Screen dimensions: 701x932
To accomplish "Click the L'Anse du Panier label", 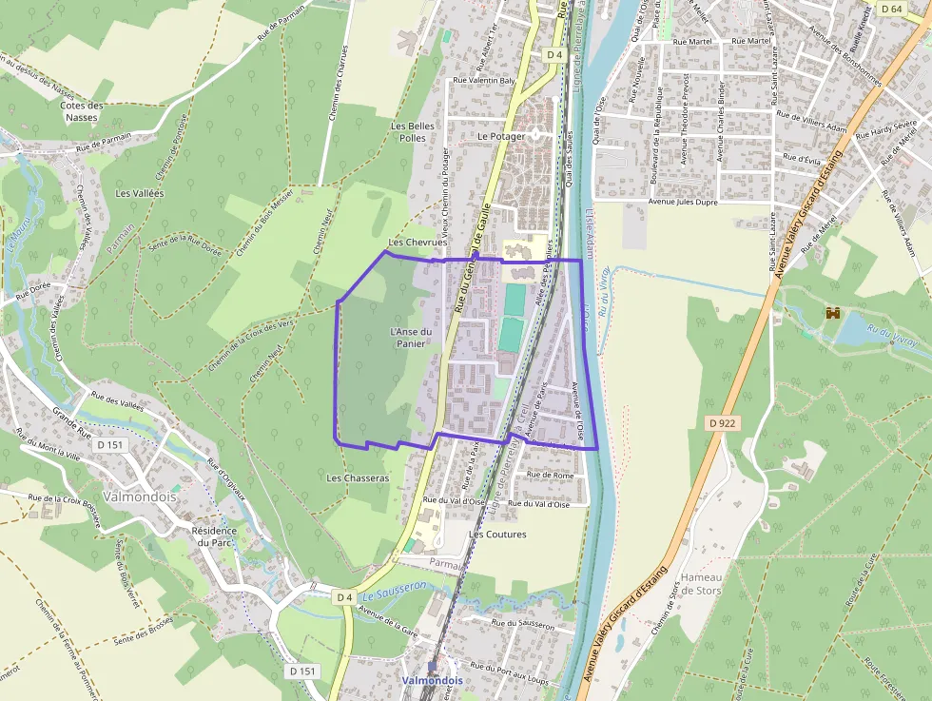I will (x=408, y=338).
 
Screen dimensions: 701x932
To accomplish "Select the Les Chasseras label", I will (x=358, y=477).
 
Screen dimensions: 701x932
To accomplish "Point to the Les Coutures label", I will (x=497, y=535).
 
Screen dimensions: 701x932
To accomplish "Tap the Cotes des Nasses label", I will (x=81, y=111).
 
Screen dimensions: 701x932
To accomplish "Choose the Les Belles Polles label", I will (x=413, y=131).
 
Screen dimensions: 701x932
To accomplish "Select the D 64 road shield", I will (x=890, y=9).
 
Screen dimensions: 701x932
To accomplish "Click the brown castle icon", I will (x=834, y=312).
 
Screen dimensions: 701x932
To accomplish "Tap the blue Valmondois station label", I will (x=432, y=681).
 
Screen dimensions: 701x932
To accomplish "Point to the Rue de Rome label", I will (x=549, y=475).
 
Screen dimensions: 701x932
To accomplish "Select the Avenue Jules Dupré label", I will (x=682, y=202).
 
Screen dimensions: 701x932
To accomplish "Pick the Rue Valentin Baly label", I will (x=484, y=81).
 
